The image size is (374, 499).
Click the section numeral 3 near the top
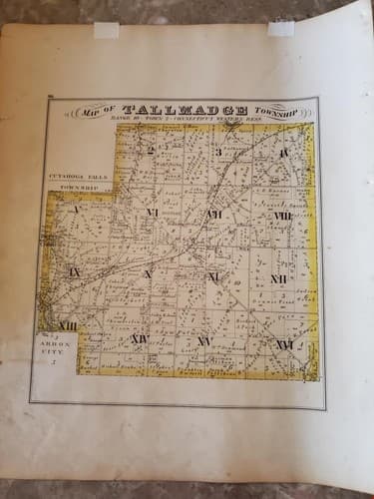click(x=217, y=152)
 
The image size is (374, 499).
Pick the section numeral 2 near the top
click(x=151, y=151)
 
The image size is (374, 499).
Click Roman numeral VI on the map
click(x=153, y=212)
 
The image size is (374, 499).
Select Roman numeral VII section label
click(x=214, y=214)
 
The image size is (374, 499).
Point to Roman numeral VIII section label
click(x=282, y=216)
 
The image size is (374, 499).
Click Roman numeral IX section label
click(x=74, y=271)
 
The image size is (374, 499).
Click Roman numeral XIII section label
click(x=69, y=325)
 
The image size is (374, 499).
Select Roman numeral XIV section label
click(x=140, y=339)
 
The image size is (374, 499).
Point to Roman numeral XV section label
click(x=203, y=341)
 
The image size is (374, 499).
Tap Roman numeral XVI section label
click(x=284, y=343)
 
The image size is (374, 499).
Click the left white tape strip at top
click(x=106, y=30)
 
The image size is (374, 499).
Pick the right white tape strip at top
click(x=280, y=27)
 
